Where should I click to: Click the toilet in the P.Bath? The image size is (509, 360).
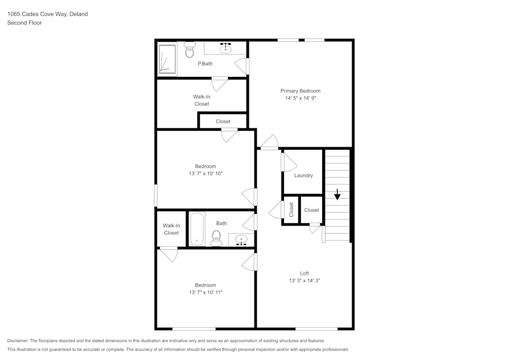(x=189, y=50)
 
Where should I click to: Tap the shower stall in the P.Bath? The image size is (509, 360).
(x=167, y=59)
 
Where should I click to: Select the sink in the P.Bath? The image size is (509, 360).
(x=225, y=48)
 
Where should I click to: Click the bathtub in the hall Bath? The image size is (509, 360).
(x=196, y=229)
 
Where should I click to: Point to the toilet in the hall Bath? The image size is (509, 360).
(x=216, y=238)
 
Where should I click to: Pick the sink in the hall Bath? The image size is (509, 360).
(x=241, y=240)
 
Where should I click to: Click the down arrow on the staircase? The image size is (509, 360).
(x=337, y=194)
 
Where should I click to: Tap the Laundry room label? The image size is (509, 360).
(x=303, y=175)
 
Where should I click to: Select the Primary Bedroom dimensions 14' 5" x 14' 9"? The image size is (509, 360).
(x=301, y=98)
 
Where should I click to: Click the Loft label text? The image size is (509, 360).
(x=304, y=273)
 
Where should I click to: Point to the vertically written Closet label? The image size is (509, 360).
(x=291, y=210)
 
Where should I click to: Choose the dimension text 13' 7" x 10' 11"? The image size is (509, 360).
(x=206, y=292)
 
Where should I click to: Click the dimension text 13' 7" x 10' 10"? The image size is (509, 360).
(x=206, y=173)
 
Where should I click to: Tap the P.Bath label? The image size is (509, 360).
(x=205, y=64)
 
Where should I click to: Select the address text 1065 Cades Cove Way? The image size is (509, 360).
(x=37, y=14)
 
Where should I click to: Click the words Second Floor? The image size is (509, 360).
(x=24, y=23)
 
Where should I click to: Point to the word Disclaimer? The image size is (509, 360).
(x=18, y=341)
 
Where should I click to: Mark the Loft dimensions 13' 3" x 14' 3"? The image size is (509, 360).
(x=304, y=281)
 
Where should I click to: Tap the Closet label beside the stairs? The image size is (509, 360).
(x=312, y=210)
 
